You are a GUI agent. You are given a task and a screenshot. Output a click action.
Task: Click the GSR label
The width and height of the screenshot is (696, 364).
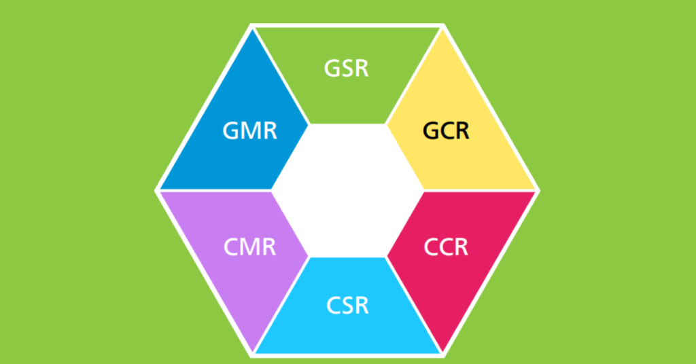[346, 69]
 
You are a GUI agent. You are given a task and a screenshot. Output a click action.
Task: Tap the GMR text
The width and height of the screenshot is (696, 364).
[250, 131]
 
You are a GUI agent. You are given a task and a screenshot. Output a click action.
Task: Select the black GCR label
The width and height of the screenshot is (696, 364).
[446, 131]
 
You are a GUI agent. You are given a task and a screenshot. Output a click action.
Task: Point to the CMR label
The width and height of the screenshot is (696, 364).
[250, 247]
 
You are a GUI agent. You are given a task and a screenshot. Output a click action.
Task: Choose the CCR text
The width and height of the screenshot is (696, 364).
[446, 247]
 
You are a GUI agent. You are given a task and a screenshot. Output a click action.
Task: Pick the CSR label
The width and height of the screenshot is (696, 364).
[347, 306]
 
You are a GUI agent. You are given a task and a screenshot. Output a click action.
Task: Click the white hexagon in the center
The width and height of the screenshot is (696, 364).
[347, 191]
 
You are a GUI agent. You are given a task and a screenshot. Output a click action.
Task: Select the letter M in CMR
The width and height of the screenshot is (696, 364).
[250, 247]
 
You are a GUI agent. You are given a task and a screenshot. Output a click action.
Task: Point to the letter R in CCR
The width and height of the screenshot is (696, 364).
[460, 247]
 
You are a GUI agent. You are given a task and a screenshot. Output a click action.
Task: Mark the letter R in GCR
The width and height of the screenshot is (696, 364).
[462, 131]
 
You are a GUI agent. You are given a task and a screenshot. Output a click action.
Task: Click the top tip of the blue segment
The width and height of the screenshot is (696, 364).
[253, 30]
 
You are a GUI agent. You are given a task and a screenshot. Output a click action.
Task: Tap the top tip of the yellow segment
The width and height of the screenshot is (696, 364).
[442, 30]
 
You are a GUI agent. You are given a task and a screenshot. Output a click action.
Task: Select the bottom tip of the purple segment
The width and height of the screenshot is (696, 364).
[253, 352]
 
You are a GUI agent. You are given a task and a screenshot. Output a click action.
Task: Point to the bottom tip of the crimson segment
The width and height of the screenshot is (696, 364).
[442, 352]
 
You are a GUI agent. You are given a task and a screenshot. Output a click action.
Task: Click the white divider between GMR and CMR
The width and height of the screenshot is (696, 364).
[215, 191]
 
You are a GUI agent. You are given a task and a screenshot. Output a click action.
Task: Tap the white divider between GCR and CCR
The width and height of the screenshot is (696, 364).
[481, 191]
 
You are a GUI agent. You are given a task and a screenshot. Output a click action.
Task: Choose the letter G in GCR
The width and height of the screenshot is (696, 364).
[431, 131]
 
